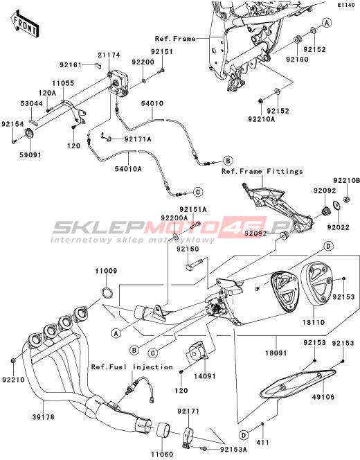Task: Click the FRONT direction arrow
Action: (25, 24)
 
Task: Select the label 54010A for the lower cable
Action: (129, 169)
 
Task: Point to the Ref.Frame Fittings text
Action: (262, 171)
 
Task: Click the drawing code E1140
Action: (348, 5)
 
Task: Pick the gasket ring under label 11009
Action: (107, 292)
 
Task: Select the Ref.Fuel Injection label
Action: (132, 367)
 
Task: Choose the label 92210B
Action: (346, 181)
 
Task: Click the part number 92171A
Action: (138, 139)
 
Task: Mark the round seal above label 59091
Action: (29, 134)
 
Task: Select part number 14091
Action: (204, 376)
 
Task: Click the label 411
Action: (262, 443)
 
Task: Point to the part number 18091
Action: (276, 353)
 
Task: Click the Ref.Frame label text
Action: (175, 39)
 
